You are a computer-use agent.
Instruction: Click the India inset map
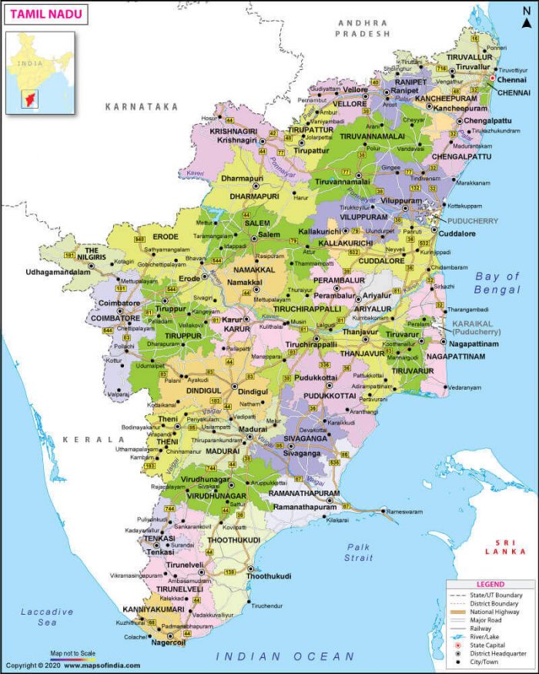41,72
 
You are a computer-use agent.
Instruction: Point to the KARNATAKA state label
142,106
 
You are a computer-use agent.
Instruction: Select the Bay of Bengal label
497,283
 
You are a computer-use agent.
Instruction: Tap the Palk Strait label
359,552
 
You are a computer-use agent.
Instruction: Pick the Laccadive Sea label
46,616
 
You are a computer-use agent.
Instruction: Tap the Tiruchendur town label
268,605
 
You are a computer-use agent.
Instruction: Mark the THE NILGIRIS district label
92,254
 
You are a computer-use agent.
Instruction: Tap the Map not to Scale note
74,652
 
